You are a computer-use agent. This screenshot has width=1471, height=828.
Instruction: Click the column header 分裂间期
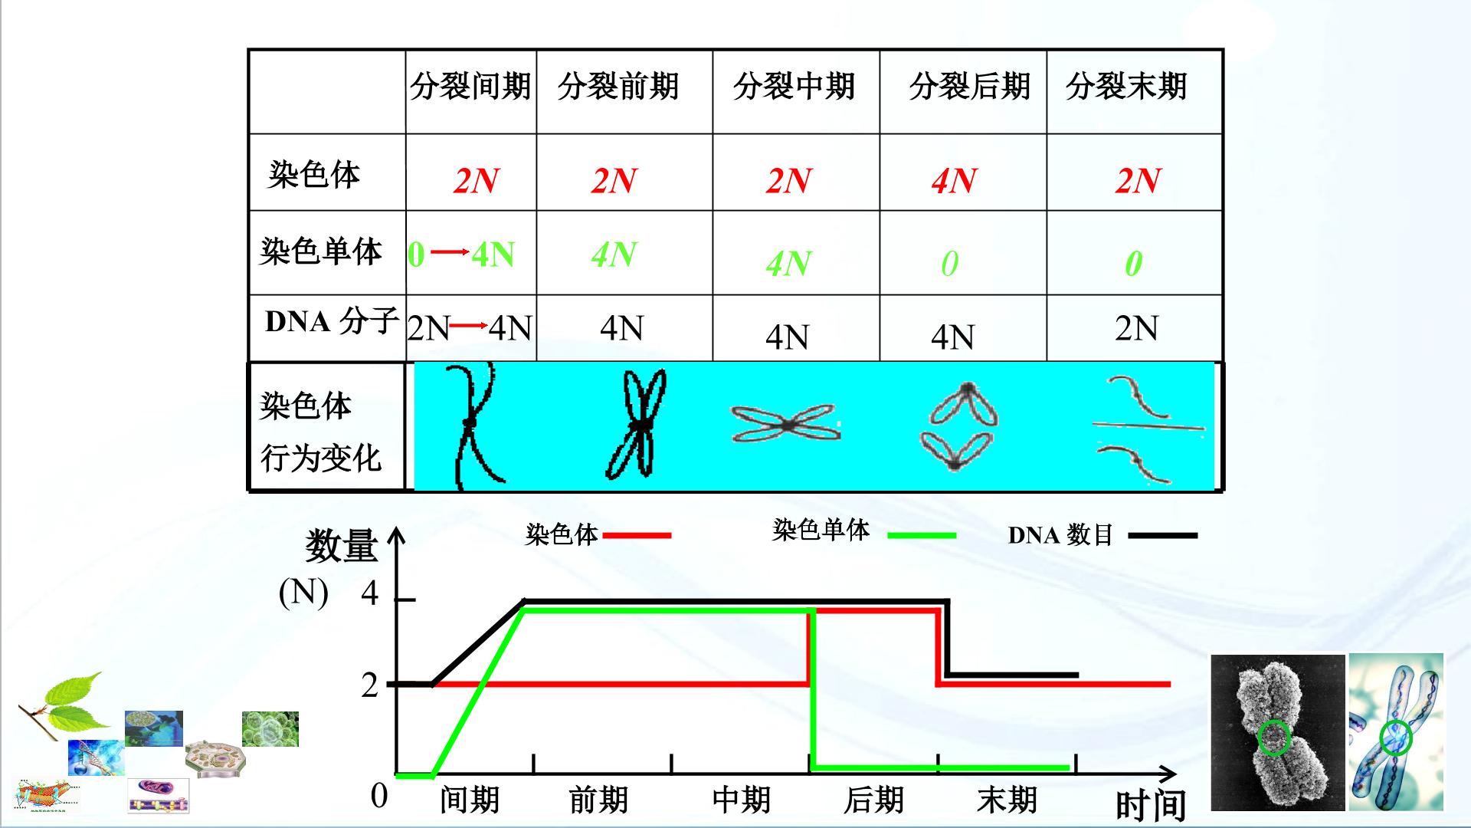[x=470, y=86]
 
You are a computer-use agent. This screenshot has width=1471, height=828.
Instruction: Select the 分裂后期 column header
[x=970, y=86]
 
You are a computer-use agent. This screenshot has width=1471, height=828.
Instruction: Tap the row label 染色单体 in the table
[x=321, y=251]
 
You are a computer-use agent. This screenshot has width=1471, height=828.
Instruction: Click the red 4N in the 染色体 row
[x=954, y=181]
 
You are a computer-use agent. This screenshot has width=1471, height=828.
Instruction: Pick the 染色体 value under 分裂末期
[x=1138, y=181]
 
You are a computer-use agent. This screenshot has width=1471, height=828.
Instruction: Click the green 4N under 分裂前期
[x=614, y=255]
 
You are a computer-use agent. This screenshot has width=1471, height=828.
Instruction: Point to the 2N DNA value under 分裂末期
[x=1136, y=328]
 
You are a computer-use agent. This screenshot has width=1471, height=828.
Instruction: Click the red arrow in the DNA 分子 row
[x=469, y=326]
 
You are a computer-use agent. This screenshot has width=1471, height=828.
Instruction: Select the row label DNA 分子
[x=332, y=321]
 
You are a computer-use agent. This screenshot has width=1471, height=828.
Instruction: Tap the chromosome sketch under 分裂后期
[x=958, y=426]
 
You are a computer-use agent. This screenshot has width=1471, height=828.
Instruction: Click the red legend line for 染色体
[x=637, y=535]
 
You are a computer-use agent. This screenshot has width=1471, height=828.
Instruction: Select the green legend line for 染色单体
[x=922, y=535]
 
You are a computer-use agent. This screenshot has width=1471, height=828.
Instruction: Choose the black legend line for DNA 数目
[x=1163, y=535]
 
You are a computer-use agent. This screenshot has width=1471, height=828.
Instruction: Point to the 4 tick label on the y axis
[x=370, y=593]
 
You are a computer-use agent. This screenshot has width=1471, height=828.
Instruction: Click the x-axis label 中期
[x=741, y=800]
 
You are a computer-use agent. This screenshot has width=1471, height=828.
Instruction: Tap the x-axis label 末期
[x=1007, y=800]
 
